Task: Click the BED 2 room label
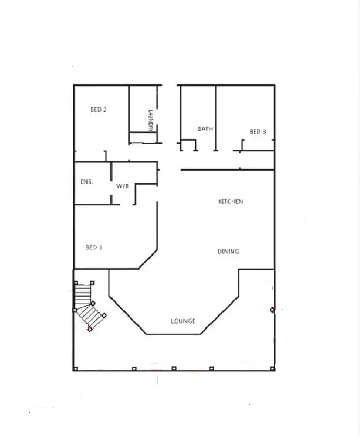click(x=98, y=110)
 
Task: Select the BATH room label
click(x=205, y=129)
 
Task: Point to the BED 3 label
click(x=258, y=132)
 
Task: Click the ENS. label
click(x=86, y=182)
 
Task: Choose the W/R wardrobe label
click(x=122, y=186)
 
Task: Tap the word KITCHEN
click(x=230, y=202)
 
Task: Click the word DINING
click(x=228, y=252)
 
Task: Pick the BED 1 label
click(x=94, y=247)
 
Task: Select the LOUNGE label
click(x=183, y=321)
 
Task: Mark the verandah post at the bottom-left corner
click(x=75, y=369)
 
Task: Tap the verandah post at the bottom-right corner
click(x=273, y=368)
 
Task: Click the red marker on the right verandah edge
click(x=272, y=310)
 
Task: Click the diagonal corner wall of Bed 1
click(x=148, y=260)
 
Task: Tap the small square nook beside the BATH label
click(x=188, y=145)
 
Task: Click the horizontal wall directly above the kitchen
click(x=227, y=169)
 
